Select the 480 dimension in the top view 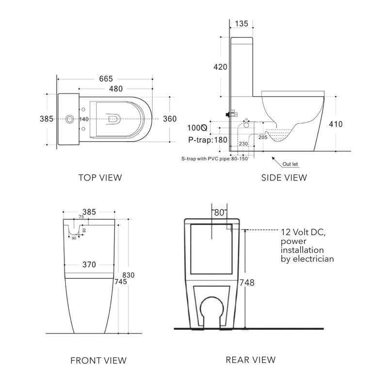pos(115,89)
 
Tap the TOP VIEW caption pos(100,178)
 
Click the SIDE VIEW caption pos(284,178)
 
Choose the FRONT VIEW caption pos(98,360)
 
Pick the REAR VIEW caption pos(250,360)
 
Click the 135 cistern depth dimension pos(242,24)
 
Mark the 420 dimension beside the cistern pos(220,67)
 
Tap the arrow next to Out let pos(276,159)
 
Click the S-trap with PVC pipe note pos(214,159)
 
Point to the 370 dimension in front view pos(88,264)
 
